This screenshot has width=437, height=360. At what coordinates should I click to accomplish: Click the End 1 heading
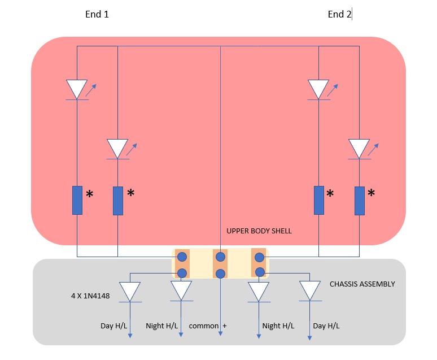coord(97,15)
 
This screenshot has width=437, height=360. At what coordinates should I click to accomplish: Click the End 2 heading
coord(339,15)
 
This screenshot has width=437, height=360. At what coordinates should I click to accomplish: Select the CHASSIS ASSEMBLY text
coord(362,284)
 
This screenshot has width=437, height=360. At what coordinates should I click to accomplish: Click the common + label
coord(207,326)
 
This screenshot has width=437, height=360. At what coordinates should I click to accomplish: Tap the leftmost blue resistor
coord(77,200)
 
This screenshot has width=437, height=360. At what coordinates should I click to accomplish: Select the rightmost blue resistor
coord(360,201)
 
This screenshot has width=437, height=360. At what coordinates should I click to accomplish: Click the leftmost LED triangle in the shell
coord(77,89)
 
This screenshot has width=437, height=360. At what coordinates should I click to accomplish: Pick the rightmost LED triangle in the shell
coord(359,149)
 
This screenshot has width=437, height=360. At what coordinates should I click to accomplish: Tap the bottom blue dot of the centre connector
coord(220,274)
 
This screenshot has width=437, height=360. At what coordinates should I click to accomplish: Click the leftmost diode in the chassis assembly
coord(130,291)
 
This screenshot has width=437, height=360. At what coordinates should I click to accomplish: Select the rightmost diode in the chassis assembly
coord(310,291)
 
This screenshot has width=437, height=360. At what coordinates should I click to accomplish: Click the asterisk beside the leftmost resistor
coord(89,195)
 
